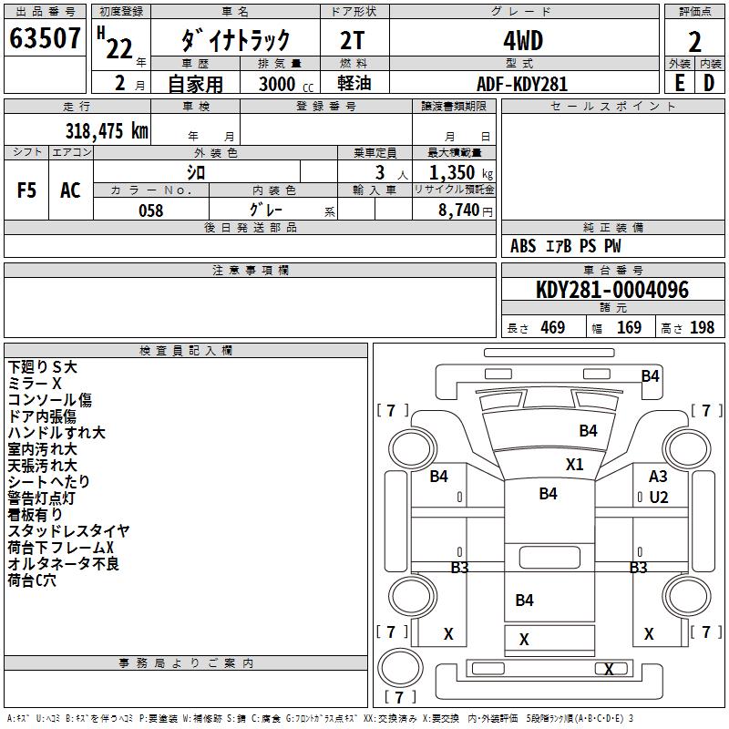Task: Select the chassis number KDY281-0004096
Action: (612, 291)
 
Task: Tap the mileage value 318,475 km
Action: (106, 131)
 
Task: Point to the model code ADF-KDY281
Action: (522, 84)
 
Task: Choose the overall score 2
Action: (694, 41)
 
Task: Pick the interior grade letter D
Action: (709, 83)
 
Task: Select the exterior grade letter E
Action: (679, 83)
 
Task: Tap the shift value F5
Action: (26, 190)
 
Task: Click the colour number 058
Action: (150, 210)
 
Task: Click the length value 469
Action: (552, 327)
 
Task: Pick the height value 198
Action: (702, 327)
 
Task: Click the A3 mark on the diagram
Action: (658, 477)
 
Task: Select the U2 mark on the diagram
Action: (658, 498)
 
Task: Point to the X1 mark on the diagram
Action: (574, 464)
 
